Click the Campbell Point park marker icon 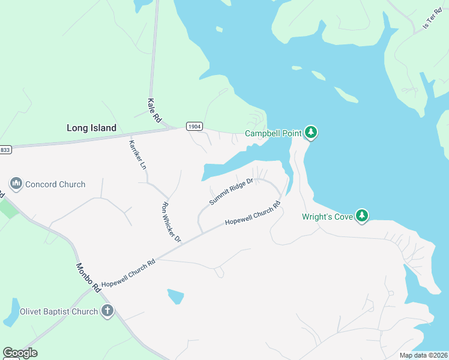310,132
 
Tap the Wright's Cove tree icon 361,215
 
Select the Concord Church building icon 16,184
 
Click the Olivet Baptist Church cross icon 107,311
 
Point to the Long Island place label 91,128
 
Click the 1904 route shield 194,126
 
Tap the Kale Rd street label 154,111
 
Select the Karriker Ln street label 137,154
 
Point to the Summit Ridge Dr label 232,191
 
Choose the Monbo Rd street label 87,277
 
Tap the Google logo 20,353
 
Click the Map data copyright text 423,355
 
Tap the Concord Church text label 55,184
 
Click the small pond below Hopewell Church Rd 175,296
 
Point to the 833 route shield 5,149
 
